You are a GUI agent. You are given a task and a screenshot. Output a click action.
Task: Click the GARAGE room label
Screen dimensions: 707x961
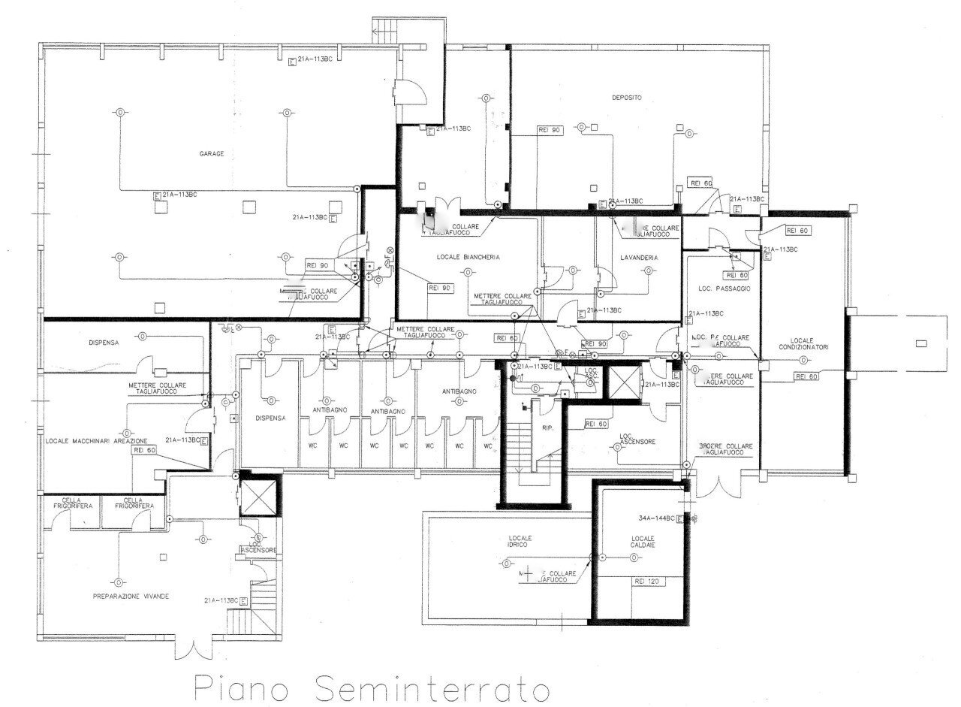(x=211, y=153)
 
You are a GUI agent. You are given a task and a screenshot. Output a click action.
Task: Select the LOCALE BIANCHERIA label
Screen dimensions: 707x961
(x=468, y=257)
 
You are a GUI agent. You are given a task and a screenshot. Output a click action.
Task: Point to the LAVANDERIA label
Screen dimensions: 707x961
(x=639, y=258)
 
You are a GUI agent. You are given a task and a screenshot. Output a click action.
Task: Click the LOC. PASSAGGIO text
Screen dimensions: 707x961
(x=724, y=289)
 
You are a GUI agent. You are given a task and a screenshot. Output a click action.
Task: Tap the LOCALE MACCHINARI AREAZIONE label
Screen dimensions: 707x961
(x=95, y=440)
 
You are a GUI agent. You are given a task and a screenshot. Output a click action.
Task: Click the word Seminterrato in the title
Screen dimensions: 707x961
(x=431, y=687)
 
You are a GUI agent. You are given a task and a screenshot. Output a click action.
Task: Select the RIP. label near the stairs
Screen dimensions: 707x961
(x=547, y=428)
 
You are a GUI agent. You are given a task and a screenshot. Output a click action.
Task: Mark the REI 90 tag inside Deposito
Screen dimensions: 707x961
(x=550, y=130)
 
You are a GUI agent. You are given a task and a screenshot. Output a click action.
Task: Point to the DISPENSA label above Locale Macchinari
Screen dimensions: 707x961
(x=104, y=343)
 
